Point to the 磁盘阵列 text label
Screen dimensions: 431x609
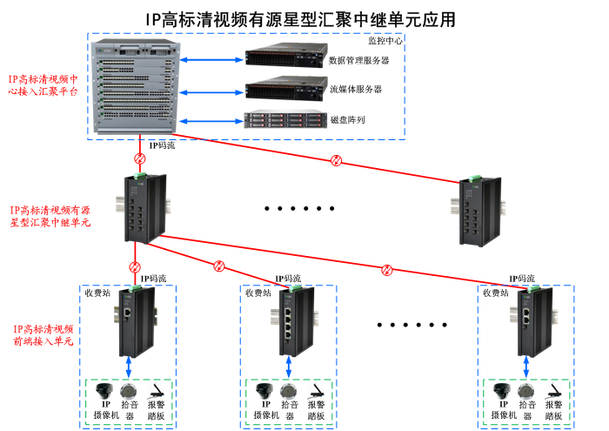click(347, 119)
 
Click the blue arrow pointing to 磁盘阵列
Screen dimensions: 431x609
click(210, 120)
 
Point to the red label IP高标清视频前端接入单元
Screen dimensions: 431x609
click(43, 335)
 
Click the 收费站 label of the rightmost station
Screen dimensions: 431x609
click(499, 293)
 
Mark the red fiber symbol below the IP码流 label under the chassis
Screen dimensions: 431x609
click(138, 159)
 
